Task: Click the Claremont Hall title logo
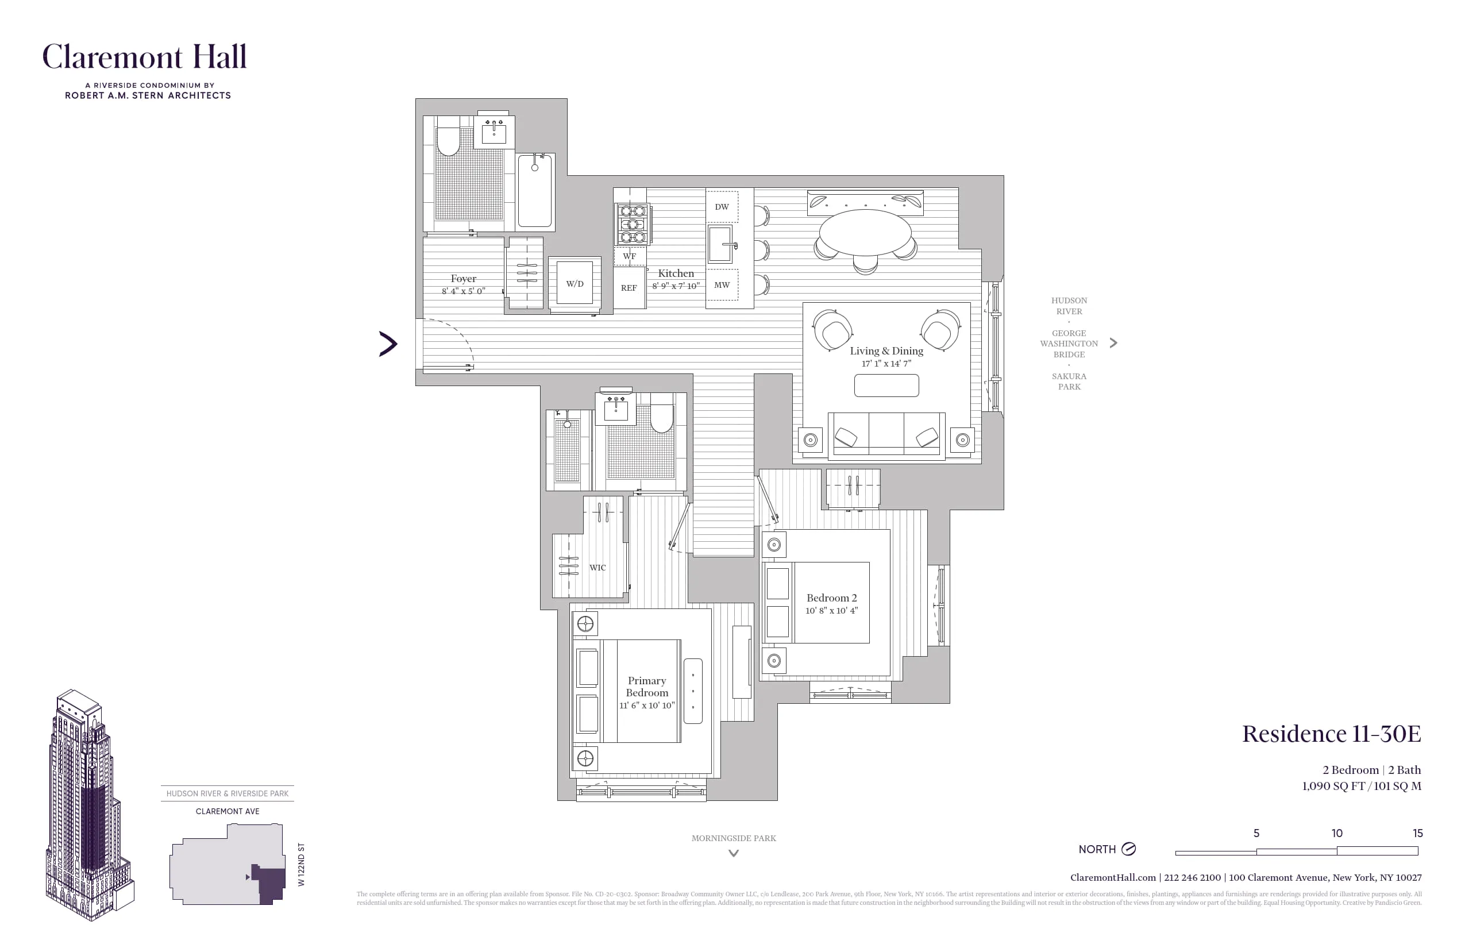[x=145, y=57]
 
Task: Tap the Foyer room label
[x=463, y=279]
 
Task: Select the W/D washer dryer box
[x=575, y=284]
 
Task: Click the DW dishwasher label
[x=722, y=207]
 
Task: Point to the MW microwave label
[x=722, y=285]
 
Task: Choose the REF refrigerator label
[x=629, y=288]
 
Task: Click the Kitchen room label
[x=675, y=273]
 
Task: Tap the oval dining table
[x=865, y=232]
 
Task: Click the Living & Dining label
[x=886, y=351]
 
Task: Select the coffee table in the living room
[x=886, y=386]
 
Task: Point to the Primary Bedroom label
[x=646, y=687]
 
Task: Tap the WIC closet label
[x=597, y=568]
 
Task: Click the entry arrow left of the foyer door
[x=388, y=344]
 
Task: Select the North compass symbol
[x=1128, y=849]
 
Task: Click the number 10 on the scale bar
[x=1336, y=834]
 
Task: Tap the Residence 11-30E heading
[x=1331, y=734]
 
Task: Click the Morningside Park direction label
[x=733, y=838]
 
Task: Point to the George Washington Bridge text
[x=1069, y=344]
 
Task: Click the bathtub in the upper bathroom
[x=534, y=191]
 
